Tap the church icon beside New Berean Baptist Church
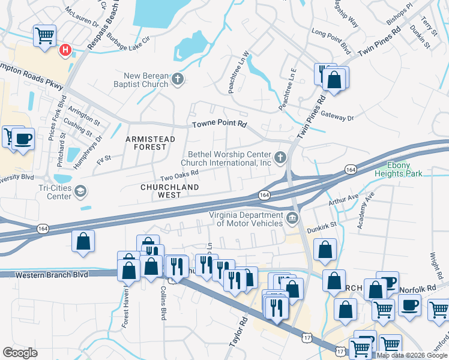point(177,79)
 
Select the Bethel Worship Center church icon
point(280,158)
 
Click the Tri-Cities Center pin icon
point(80,191)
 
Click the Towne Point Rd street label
point(219,125)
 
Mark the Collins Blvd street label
point(163,302)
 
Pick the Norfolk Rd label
point(423,289)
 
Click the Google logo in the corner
point(20,353)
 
